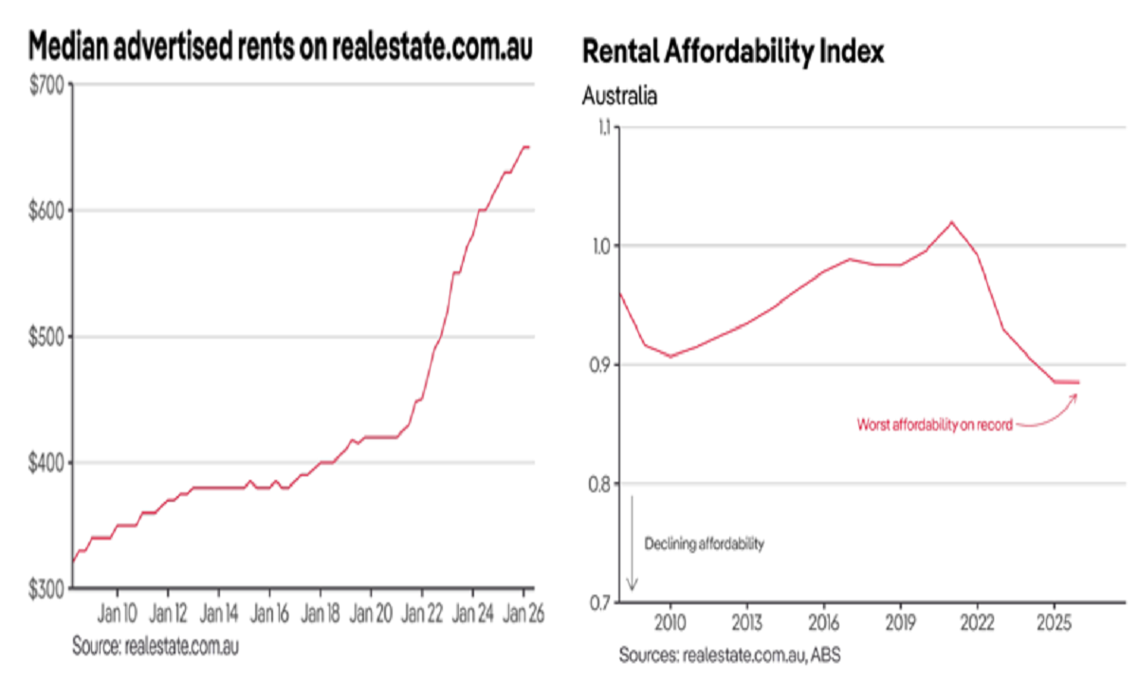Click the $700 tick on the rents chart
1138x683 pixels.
coord(47,85)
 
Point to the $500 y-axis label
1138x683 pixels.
coord(47,337)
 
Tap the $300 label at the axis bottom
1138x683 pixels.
coord(47,589)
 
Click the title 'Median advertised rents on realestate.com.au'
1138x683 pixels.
coord(280,47)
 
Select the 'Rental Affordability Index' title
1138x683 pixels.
coord(732,52)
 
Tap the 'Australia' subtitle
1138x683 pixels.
coord(618,96)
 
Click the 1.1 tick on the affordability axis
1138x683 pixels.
coord(605,127)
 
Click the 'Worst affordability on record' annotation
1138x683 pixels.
coord(934,424)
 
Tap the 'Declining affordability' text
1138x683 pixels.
coord(704,545)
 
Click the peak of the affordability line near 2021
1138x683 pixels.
coord(951,222)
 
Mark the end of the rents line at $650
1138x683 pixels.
coord(528,147)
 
